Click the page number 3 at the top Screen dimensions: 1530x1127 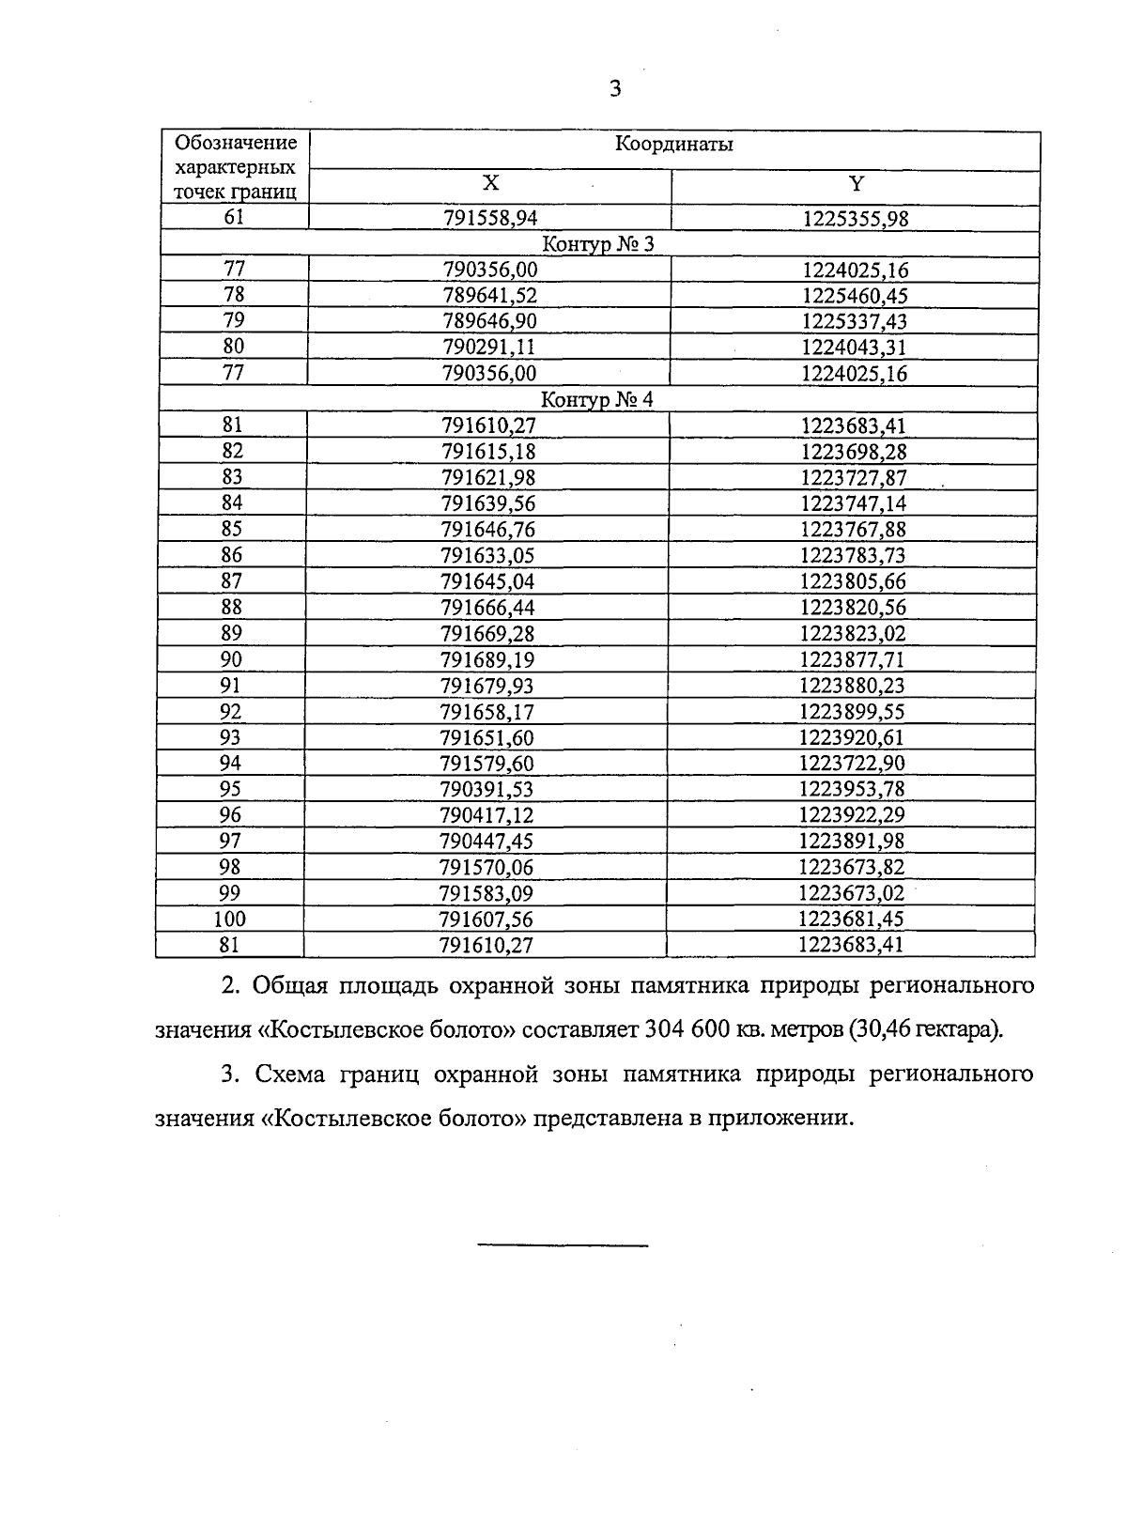(x=615, y=89)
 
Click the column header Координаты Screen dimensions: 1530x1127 (x=673, y=145)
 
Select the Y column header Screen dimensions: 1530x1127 (x=856, y=183)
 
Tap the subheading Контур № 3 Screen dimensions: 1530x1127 (x=598, y=244)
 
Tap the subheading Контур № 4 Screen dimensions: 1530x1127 (x=597, y=400)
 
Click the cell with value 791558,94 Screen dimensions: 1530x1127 (x=490, y=218)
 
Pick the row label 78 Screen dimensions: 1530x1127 (x=234, y=295)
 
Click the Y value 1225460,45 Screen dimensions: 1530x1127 (x=855, y=296)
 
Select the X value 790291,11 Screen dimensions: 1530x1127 (x=489, y=347)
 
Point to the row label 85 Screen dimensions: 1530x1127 (x=232, y=529)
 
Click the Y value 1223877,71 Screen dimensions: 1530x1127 (x=853, y=659)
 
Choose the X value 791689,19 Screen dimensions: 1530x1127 (x=487, y=659)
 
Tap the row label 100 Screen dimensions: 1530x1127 (x=229, y=919)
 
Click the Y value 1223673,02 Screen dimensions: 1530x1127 (x=851, y=892)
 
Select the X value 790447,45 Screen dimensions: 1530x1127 (x=486, y=841)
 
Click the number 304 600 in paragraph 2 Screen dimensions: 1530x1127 (x=680, y=1029)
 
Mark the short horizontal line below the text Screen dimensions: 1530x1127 (x=563, y=1246)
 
